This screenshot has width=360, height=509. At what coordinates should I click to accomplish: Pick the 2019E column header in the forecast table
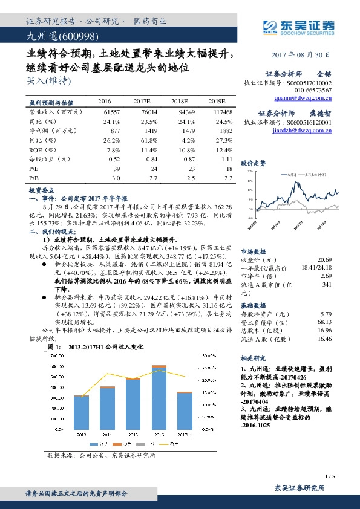pyautogui.click(x=215, y=102)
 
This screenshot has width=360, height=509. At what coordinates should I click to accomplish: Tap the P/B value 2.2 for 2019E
pyautogui.click(x=228, y=179)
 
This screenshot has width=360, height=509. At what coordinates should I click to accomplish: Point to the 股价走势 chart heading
pyautogui.click(x=253, y=163)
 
